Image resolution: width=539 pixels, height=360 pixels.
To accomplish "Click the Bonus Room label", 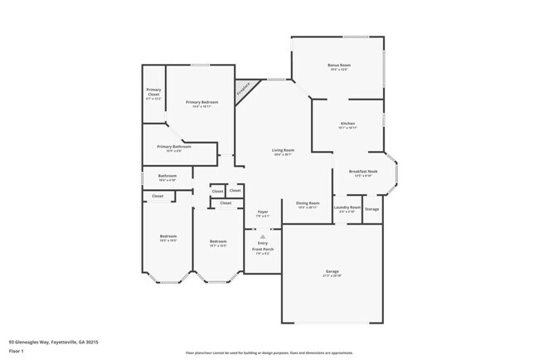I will pos(338,66).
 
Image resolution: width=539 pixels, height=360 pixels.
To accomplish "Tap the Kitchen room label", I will pos(347,124).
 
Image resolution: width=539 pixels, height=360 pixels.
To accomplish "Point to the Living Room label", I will pos(283,150).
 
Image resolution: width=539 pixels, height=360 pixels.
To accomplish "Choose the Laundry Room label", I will pos(347,207).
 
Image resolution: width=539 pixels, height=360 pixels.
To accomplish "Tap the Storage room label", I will pos(372,208).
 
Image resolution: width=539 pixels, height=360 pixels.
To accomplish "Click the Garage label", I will pos(332,271).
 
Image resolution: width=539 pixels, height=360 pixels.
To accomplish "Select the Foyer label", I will pos(262,212).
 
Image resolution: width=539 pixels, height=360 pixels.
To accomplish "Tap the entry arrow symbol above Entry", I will pos(262,236).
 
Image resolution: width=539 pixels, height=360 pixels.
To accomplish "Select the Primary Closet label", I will pos(153,91).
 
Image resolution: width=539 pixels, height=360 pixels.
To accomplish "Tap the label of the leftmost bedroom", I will pos(168,237).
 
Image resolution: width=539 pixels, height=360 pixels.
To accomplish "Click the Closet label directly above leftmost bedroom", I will pos(158,196).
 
